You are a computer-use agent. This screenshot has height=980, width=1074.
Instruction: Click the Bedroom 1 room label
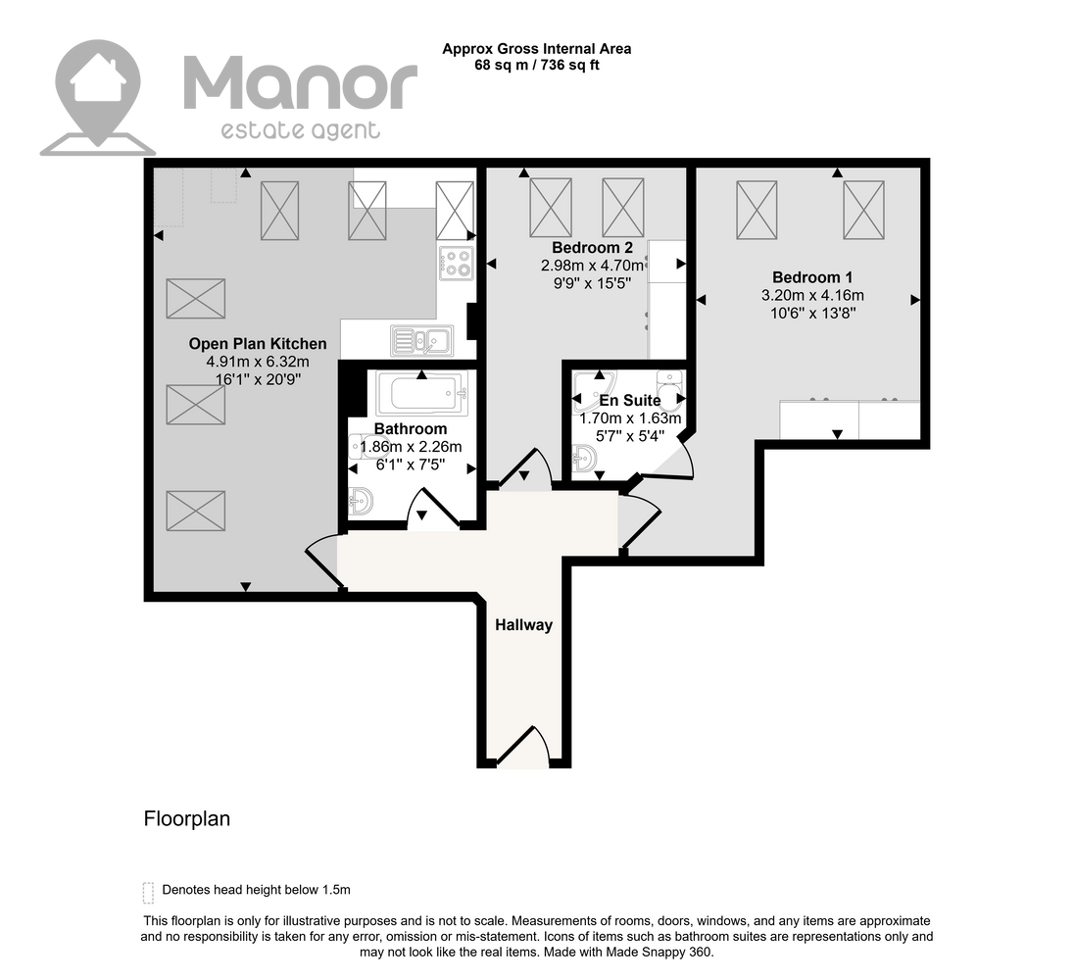pyautogui.click(x=812, y=277)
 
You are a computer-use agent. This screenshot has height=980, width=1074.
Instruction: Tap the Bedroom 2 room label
pyautogui.click(x=593, y=247)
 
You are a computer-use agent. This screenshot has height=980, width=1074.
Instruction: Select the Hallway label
pyautogui.click(x=524, y=624)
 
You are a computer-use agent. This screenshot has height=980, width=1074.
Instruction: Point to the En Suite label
pyautogui.click(x=630, y=400)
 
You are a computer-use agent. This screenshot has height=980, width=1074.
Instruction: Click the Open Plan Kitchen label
pyautogui.click(x=258, y=344)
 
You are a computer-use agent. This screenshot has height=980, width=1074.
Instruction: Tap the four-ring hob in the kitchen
pyautogui.click(x=457, y=263)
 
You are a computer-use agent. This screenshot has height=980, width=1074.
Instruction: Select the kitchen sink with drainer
pyautogui.click(x=422, y=340)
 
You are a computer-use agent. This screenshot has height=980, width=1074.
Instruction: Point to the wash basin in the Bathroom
pyautogui.click(x=361, y=501)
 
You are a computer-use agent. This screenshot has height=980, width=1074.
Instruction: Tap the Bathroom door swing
pyautogui.click(x=433, y=509)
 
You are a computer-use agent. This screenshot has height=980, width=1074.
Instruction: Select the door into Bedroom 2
pyautogui.click(x=526, y=468)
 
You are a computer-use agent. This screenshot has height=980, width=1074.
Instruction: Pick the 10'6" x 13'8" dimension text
pyautogui.click(x=813, y=313)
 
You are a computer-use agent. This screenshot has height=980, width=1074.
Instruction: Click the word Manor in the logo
pyautogui.click(x=300, y=84)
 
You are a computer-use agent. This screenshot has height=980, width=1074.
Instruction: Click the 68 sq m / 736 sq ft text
pyautogui.click(x=537, y=66)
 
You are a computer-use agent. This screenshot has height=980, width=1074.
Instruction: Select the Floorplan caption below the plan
pyautogui.click(x=187, y=819)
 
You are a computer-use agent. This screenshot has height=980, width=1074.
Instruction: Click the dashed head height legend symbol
pyautogui.click(x=148, y=893)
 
